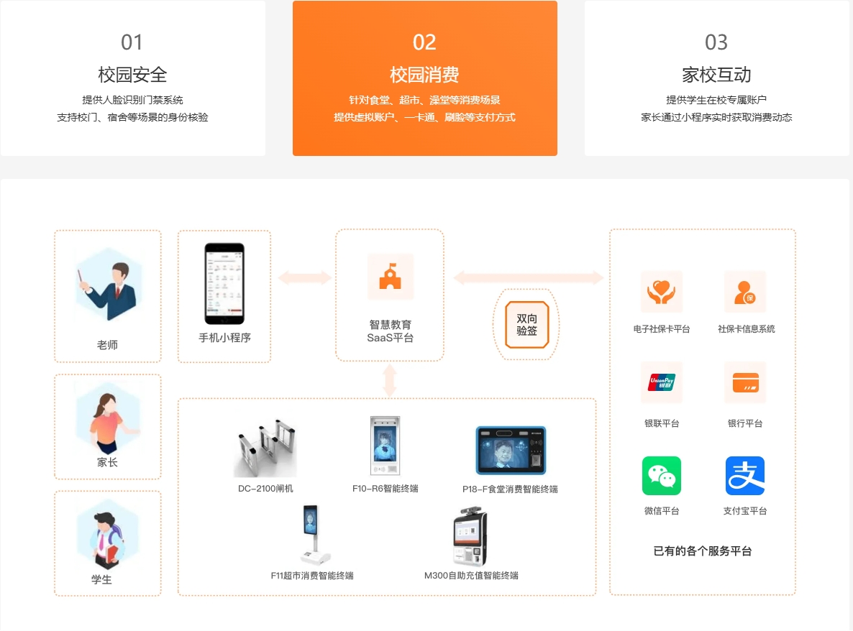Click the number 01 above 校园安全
tap(132, 42)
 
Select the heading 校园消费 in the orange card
tap(424, 75)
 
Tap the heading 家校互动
tap(716, 75)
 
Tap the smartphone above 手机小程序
tap(224, 284)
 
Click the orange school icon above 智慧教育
tap(390, 276)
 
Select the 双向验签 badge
tap(526, 324)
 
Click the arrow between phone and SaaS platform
tap(305, 277)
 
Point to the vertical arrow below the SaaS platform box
tap(390, 380)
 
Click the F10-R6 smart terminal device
tap(385, 446)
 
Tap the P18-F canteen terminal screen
tap(511, 451)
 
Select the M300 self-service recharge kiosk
tap(470, 536)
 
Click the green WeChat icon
tap(662, 476)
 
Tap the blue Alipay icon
tap(745, 476)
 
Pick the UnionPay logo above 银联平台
tap(662, 382)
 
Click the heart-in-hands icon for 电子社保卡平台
tap(662, 291)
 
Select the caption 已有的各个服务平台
tap(702, 551)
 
